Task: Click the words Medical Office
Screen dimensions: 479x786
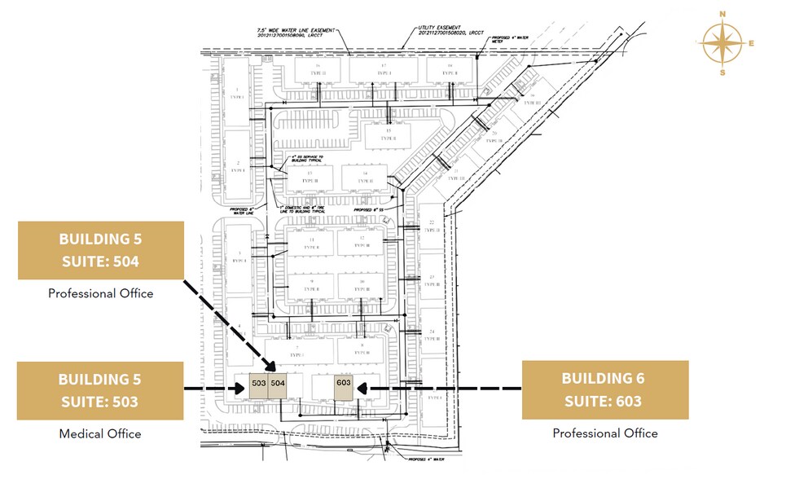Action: pos(100,433)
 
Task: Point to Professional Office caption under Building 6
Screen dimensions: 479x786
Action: pos(604,433)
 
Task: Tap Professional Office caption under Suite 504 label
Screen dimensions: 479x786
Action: pos(100,293)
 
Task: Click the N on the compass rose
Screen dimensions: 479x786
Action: pos(722,14)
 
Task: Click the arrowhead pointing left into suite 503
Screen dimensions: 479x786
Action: pos(239,389)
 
